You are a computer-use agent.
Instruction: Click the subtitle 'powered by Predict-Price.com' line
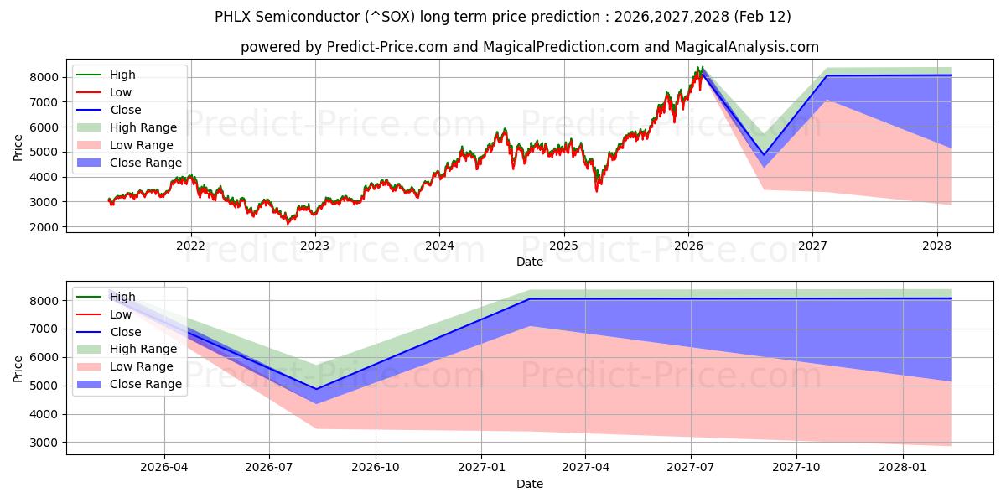[x=529, y=47]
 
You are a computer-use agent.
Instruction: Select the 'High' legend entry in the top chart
[x=122, y=75]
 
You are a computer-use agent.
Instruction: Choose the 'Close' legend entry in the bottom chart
[x=126, y=332]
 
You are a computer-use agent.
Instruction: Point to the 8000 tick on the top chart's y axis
[x=47, y=77]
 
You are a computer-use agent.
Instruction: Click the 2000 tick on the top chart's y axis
[x=47, y=227]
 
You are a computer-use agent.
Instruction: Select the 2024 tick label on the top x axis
[x=439, y=246]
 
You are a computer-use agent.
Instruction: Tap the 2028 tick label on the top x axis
[x=936, y=246]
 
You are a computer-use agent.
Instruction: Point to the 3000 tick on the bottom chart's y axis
[x=47, y=443]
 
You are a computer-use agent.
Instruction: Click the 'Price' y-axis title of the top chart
[x=18, y=148]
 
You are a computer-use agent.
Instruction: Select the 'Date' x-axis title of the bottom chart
[x=529, y=484]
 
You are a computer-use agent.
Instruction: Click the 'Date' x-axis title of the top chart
[x=529, y=262]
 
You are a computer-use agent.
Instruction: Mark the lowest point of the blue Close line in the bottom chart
[x=316, y=389]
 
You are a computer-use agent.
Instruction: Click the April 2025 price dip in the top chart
[x=597, y=189]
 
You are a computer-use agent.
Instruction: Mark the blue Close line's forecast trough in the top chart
[x=763, y=155]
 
